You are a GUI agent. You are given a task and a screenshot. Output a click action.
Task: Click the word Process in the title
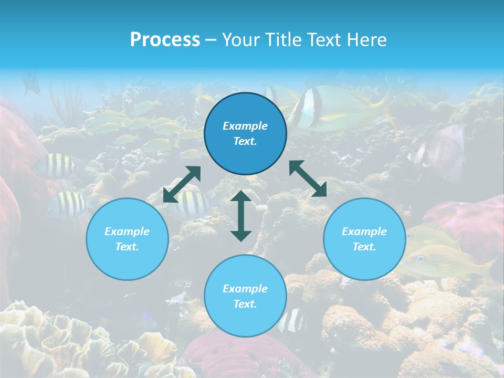(x=165, y=40)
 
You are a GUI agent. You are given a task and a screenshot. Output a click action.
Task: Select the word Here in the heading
(x=367, y=40)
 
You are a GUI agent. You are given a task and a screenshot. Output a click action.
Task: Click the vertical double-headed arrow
(x=241, y=216)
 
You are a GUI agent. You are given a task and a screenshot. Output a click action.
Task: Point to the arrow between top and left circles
(x=182, y=184)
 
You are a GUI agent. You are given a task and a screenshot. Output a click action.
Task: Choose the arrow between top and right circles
(x=308, y=178)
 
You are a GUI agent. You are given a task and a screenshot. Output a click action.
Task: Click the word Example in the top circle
(x=245, y=126)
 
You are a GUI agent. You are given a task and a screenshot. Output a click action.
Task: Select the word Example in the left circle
(x=127, y=232)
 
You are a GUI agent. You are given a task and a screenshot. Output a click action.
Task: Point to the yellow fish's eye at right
(x=421, y=258)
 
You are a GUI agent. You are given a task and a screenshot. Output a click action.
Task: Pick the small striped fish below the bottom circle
(x=292, y=320)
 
